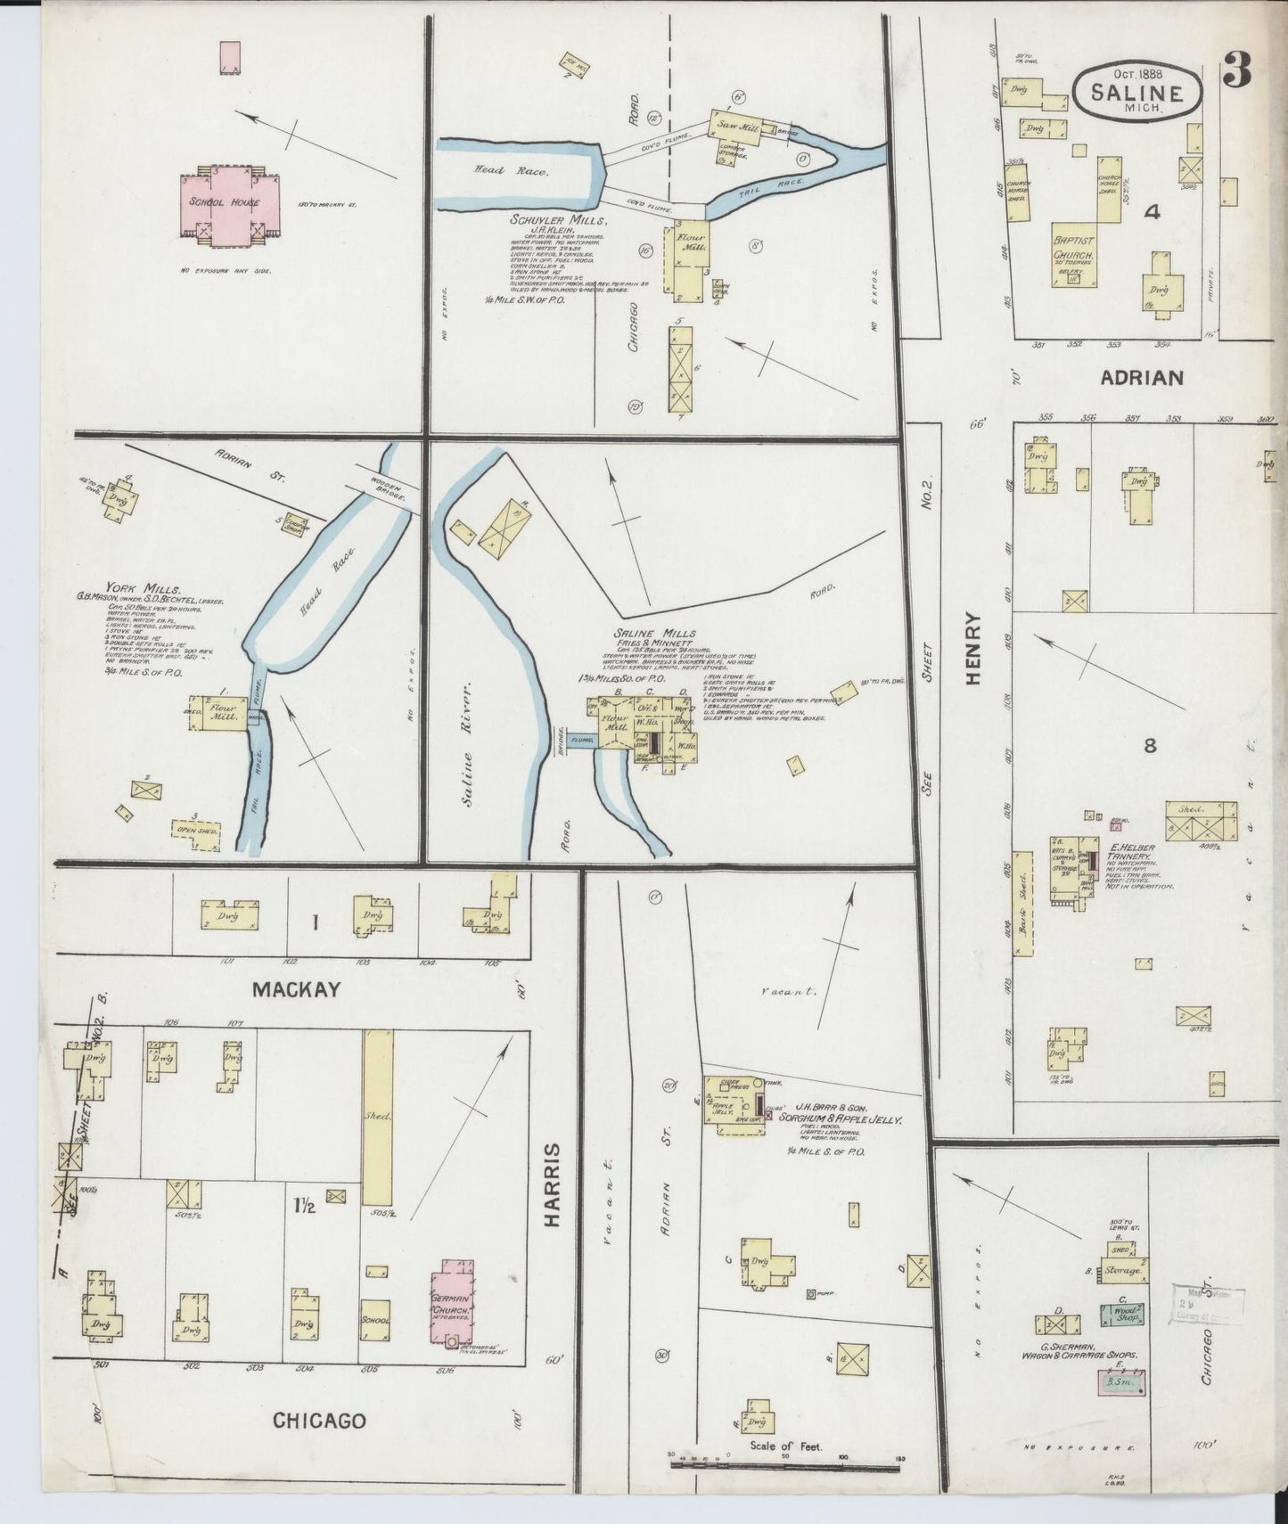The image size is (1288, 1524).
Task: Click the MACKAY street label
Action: point(296,988)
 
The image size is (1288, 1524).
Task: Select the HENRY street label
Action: point(972,647)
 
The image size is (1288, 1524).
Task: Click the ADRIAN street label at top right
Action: point(1141,377)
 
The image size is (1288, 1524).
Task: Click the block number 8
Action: point(1150,745)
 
